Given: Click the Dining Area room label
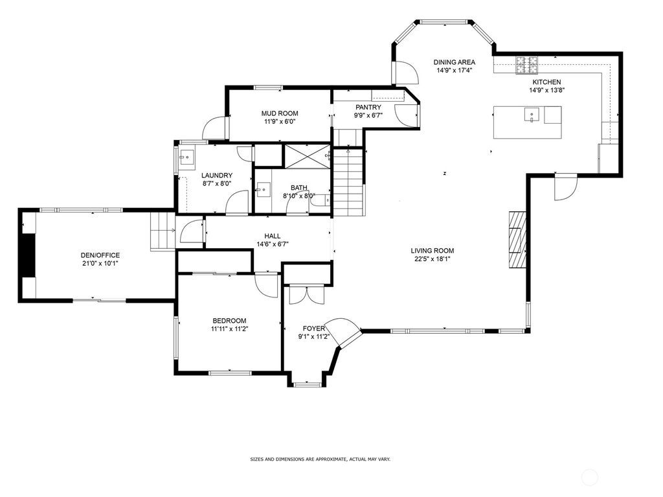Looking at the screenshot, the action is point(454,62).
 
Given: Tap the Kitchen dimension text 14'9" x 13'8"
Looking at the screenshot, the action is point(546,90).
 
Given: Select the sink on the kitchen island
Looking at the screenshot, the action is point(532,115).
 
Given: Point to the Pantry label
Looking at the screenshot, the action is point(368,107).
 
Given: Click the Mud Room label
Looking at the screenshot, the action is point(280,113).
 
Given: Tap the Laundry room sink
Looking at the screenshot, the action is point(186,157).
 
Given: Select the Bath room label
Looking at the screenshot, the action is point(299,187).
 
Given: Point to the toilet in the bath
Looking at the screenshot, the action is point(323,200).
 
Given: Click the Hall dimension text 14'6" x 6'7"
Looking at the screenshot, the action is point(273,244).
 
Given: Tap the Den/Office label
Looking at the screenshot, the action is point(100,255).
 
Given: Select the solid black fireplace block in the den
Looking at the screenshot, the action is point(28,255).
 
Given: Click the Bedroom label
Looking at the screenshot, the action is point(229,321).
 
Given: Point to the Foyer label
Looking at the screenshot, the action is point(314,329).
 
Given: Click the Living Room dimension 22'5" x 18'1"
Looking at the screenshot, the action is point(432,259).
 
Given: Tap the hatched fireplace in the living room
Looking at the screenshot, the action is point(517,240).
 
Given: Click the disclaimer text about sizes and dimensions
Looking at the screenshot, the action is point(320,459).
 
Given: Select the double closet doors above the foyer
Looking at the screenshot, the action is point(306,295).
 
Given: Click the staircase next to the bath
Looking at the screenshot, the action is point(348,183).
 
